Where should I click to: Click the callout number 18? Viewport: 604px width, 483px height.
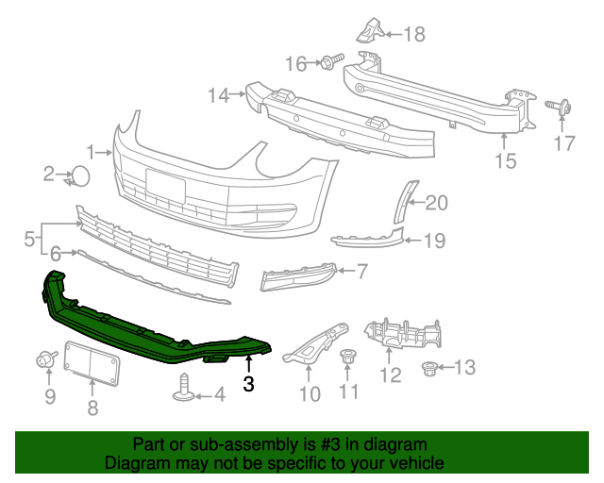pos(413,35)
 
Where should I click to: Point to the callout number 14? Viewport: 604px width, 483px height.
pos(218,94)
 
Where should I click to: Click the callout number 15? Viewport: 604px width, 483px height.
pos(506,161)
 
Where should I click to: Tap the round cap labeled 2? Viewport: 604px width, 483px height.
pos(81,175)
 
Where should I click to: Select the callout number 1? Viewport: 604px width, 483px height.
pos(92,151)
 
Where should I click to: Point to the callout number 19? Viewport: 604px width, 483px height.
pos(433,241)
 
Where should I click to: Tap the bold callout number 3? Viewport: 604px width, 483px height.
pos(248,384)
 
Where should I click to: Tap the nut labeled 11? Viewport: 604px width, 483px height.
pos(348,358)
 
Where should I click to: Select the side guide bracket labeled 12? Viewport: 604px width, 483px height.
pos(404,335)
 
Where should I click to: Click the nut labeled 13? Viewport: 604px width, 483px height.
pos(429,367)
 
